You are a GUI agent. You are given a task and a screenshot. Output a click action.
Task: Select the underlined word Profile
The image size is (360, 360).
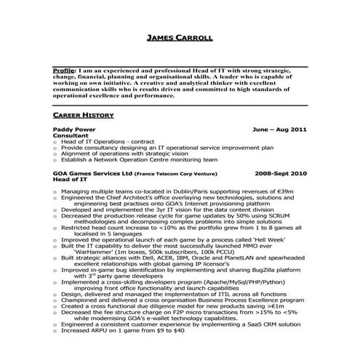point(65,71)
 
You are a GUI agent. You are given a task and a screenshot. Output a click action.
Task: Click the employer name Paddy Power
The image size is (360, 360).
point(73,128)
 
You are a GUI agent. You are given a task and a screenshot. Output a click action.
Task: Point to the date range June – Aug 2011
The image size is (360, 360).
point(279,128)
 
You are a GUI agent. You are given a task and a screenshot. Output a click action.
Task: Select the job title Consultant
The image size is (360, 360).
point(71,135)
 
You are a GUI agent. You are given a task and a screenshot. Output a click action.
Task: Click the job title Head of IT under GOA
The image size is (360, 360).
point(70,181)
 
